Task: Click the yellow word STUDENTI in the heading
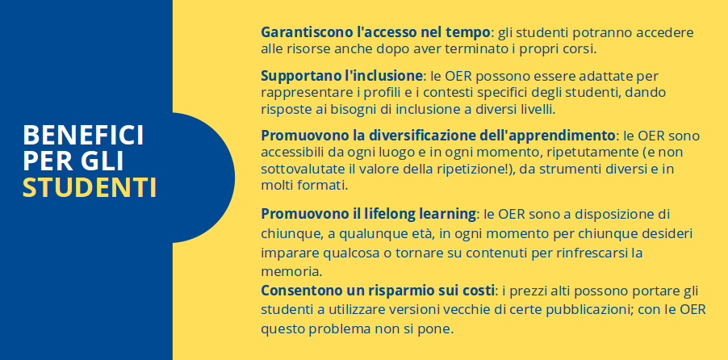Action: (x=89, y=186)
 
